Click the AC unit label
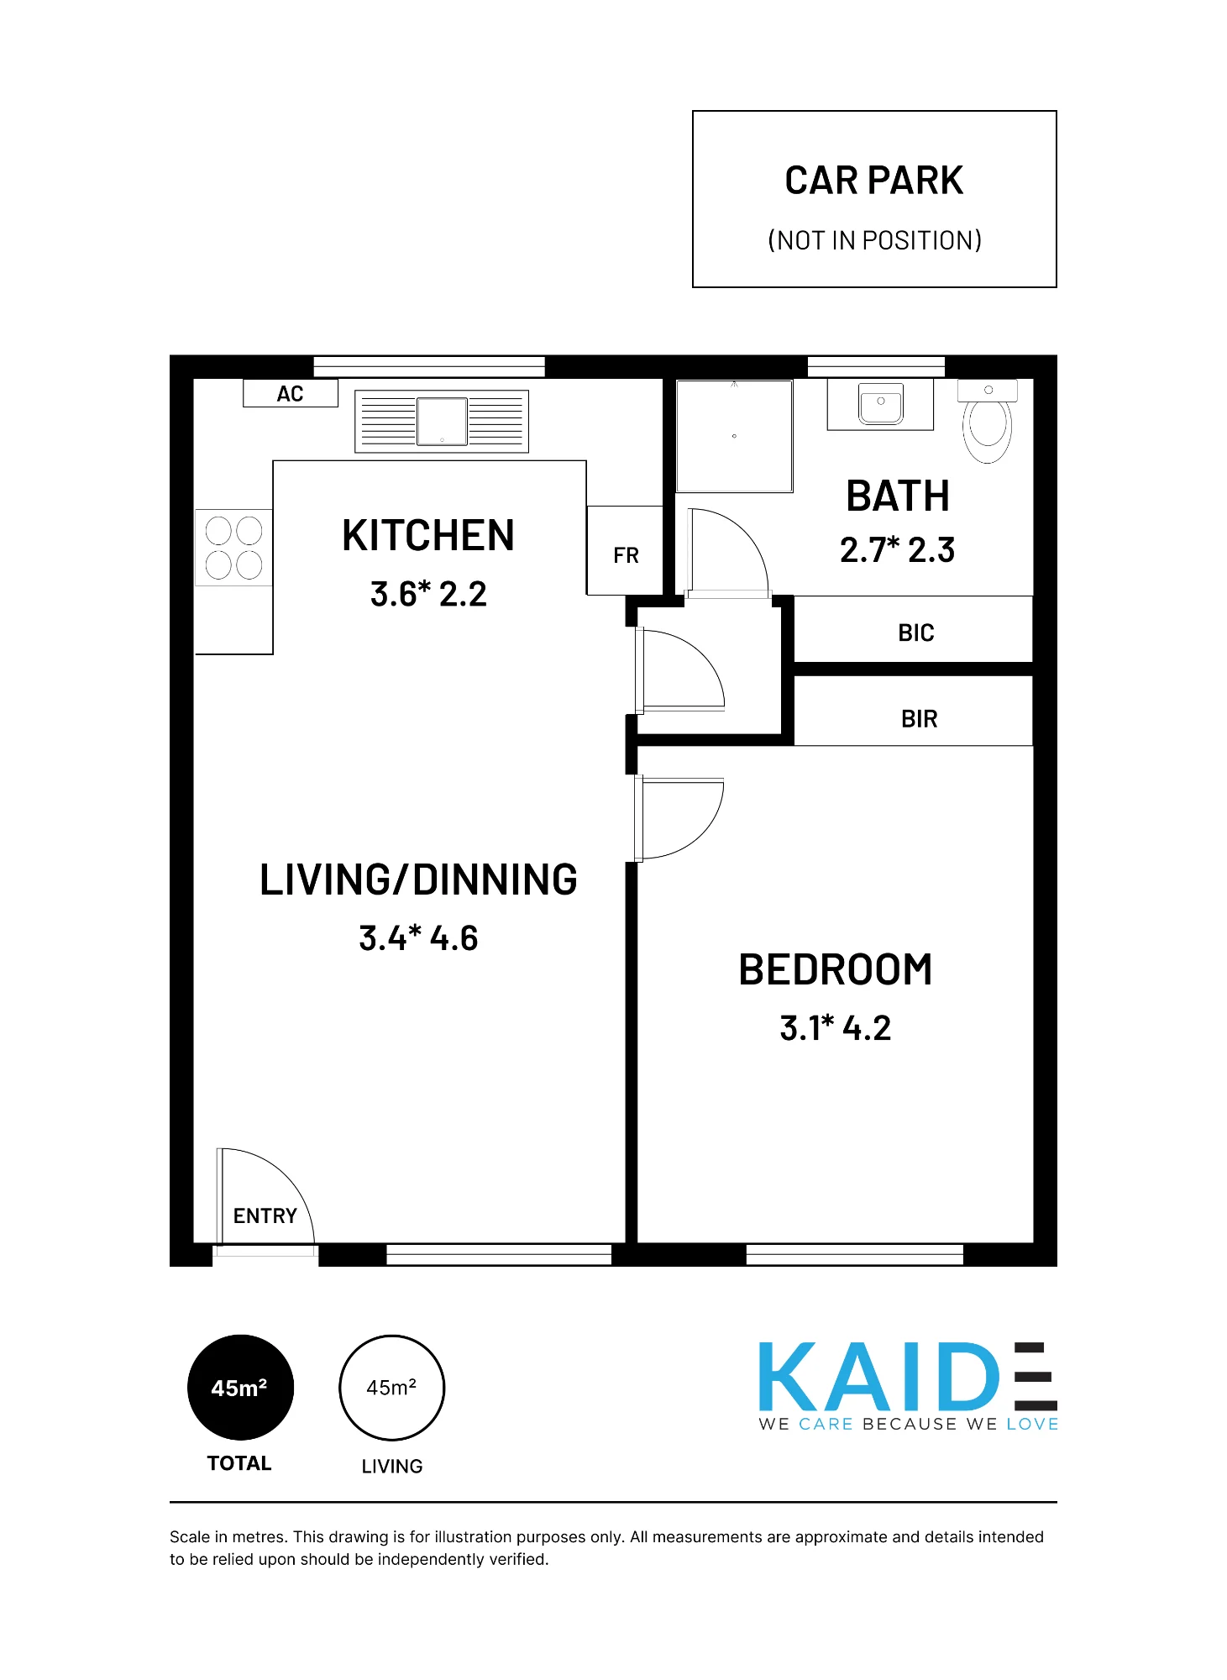tap(290, 394)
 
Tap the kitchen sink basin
tap(442, 421)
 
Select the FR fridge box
tap(625, 550)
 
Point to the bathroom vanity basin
tap(880, 403)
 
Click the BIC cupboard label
tap(915, 633)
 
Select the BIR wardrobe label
tap(919, 719)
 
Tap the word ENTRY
tap(265, 1215)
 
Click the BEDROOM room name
tap(836, 969)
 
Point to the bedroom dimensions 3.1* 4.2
tap(836, 1028)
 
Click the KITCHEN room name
tap(428, 535)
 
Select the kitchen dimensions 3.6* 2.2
tap(428, 594)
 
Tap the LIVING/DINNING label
tap(418, 879)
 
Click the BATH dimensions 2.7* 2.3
tap(897, 550)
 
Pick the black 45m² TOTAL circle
tap(240, 1388)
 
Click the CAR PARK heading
tap(874, 181)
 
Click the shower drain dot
tap(734, 436)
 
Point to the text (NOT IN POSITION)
tap(874, 240)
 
